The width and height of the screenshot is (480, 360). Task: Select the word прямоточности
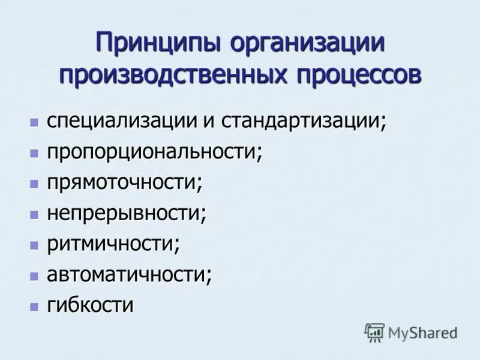(x=124, y=182)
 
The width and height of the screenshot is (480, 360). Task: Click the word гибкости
(x=90, y=305)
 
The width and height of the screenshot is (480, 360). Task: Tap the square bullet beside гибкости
(x=34, y=306)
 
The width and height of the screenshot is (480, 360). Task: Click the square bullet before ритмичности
(x=34, y=245)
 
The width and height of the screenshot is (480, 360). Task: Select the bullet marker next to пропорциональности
(x=34, y=152)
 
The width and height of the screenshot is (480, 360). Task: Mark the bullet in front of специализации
(x=34, y=122)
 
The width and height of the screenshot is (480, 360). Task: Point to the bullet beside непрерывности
(x=34, y=214)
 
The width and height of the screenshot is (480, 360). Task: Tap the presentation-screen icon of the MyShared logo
(x=374, y=332)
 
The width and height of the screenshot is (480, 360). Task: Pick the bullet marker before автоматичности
(x=34, y=275)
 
